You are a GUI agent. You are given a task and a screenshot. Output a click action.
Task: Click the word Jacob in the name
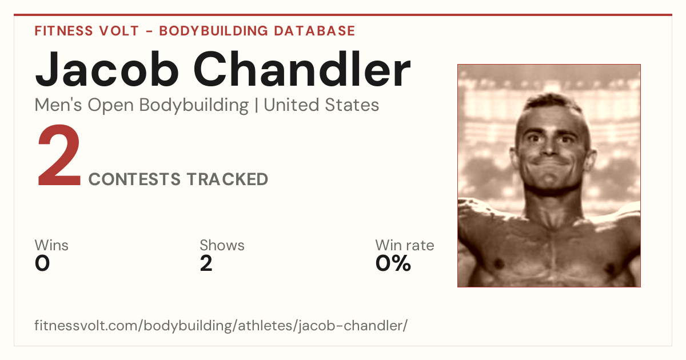107,69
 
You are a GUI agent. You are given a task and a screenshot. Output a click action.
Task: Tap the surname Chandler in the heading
302,69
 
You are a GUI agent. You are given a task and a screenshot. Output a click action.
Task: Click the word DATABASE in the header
314,31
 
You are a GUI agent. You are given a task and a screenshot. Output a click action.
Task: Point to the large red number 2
59,155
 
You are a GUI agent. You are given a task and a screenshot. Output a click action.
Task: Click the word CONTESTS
134,179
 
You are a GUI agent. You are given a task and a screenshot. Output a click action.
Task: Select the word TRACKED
228,179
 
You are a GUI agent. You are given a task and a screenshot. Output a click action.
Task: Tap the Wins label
51,245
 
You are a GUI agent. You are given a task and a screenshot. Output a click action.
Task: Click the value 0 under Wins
42,263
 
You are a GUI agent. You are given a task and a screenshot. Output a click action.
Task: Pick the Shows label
222,245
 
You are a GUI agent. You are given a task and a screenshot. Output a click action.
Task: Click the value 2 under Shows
206,263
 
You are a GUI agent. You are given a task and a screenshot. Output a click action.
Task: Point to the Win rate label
405,245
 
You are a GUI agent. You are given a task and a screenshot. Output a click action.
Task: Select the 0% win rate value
393,263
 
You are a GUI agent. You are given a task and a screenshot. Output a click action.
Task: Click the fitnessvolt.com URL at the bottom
221,325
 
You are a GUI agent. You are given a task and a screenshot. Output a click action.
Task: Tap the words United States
321,105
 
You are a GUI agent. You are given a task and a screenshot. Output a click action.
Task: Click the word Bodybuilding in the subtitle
194,106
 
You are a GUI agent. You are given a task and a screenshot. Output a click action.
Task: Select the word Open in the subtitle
111,106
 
